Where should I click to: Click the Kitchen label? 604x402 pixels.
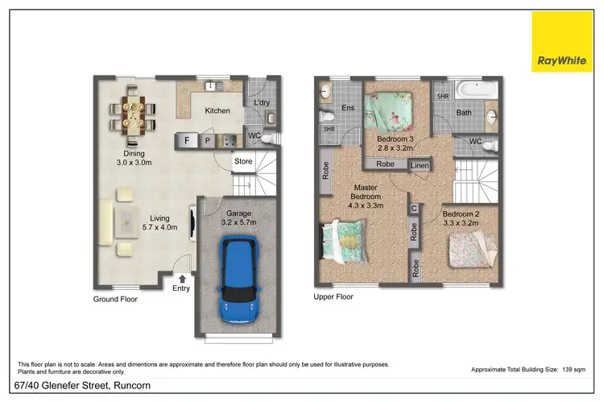(217, 111)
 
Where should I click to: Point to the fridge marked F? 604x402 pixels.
(188, 140)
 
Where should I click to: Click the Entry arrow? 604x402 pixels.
(182, 279)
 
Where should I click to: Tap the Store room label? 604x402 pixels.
(242, 161)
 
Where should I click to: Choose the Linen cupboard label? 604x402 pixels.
(420, 165)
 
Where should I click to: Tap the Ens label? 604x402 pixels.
(348, 107)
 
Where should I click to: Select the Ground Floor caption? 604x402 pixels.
(115, 299)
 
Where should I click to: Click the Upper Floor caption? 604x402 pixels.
(333, 296)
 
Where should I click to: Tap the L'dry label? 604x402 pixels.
(261, 103)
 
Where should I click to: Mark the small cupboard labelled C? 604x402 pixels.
(414, 209)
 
